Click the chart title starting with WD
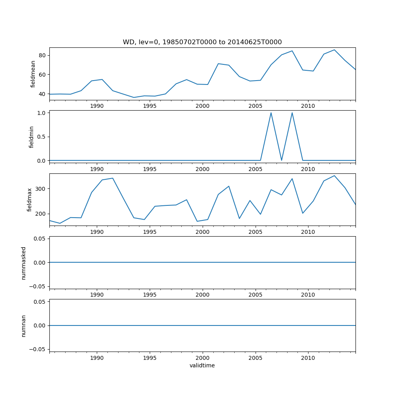coord(202,42)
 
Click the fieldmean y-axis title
coord(33,74)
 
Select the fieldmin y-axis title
coord(32,137)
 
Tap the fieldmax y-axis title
coord(30,200)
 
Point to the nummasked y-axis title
coord(24,263)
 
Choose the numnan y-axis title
coord(24,325)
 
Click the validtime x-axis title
coord(202,365)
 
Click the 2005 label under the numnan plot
coord(256,358)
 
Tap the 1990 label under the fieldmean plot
coord(97,106)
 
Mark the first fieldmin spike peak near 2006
coord(271,113)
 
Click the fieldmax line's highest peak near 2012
coord(334,176)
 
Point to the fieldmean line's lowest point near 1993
coord(134,98)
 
